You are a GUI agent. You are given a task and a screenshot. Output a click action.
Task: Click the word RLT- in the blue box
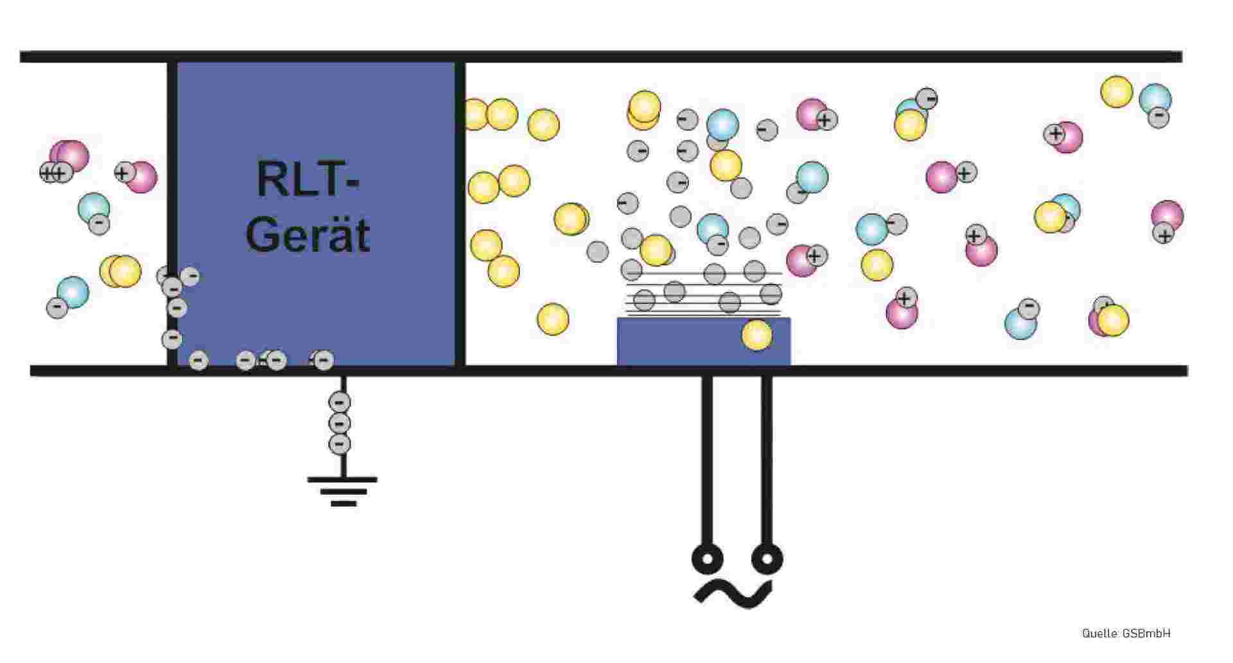point(308,179)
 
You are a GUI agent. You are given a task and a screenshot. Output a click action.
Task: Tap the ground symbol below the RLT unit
point(342,491)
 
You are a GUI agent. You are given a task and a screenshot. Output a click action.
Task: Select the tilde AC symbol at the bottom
point(733,594)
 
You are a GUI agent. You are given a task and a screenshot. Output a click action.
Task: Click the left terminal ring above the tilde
point(707,558)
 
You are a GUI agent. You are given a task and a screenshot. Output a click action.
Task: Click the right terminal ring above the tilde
point(767,558)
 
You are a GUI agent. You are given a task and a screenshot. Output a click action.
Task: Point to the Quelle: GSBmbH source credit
point(1126,633)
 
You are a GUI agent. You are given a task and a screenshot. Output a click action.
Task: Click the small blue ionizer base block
point(704,341)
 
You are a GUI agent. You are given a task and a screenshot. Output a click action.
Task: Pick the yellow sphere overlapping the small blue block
point(756,335)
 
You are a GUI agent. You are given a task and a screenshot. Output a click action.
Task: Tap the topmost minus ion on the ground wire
point(340,403)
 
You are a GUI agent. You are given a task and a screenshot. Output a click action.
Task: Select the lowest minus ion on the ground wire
point(340,444)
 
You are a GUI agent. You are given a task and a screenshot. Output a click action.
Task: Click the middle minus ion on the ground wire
point(340,423)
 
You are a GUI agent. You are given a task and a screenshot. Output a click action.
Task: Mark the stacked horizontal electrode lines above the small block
point(704,294)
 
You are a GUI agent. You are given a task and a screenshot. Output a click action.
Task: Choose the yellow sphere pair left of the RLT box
point(120,271)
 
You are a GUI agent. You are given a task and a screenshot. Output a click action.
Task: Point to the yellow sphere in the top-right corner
point(1117,92)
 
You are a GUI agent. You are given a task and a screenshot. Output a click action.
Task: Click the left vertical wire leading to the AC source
point(707,460)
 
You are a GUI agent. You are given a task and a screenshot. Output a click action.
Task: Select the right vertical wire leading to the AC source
point(767,460)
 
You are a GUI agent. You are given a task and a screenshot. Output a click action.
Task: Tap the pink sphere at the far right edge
point(1167,216)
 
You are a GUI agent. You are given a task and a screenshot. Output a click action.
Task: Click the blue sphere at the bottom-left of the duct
point(73,292)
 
